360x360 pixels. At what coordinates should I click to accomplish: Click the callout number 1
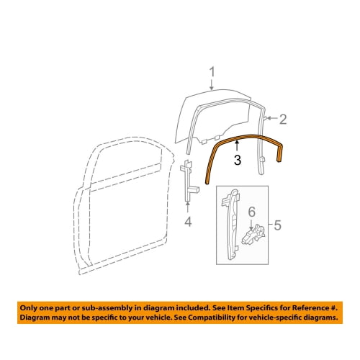click(212, 72)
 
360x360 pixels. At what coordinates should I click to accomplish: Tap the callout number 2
click(283, 120)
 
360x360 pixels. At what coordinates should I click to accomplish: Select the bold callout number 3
click(238, 160)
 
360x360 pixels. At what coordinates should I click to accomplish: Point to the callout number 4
click(188, 221)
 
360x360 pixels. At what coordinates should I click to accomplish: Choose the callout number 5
click(277, 225)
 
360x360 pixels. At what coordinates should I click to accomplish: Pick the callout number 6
click(251, 212)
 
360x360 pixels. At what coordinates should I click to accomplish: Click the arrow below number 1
click(212, 84)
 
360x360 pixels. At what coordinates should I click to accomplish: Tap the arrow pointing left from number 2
click(272, 118)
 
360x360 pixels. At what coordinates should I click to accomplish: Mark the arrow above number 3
click(237, 146)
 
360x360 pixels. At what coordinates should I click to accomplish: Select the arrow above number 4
click(187, 207)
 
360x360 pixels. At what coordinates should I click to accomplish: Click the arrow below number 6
click(251, 225)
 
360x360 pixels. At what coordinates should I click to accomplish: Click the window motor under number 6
click(253, 234)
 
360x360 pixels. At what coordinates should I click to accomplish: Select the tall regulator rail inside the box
click(232, 225)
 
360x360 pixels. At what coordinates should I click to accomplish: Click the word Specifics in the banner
click(264, 308)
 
